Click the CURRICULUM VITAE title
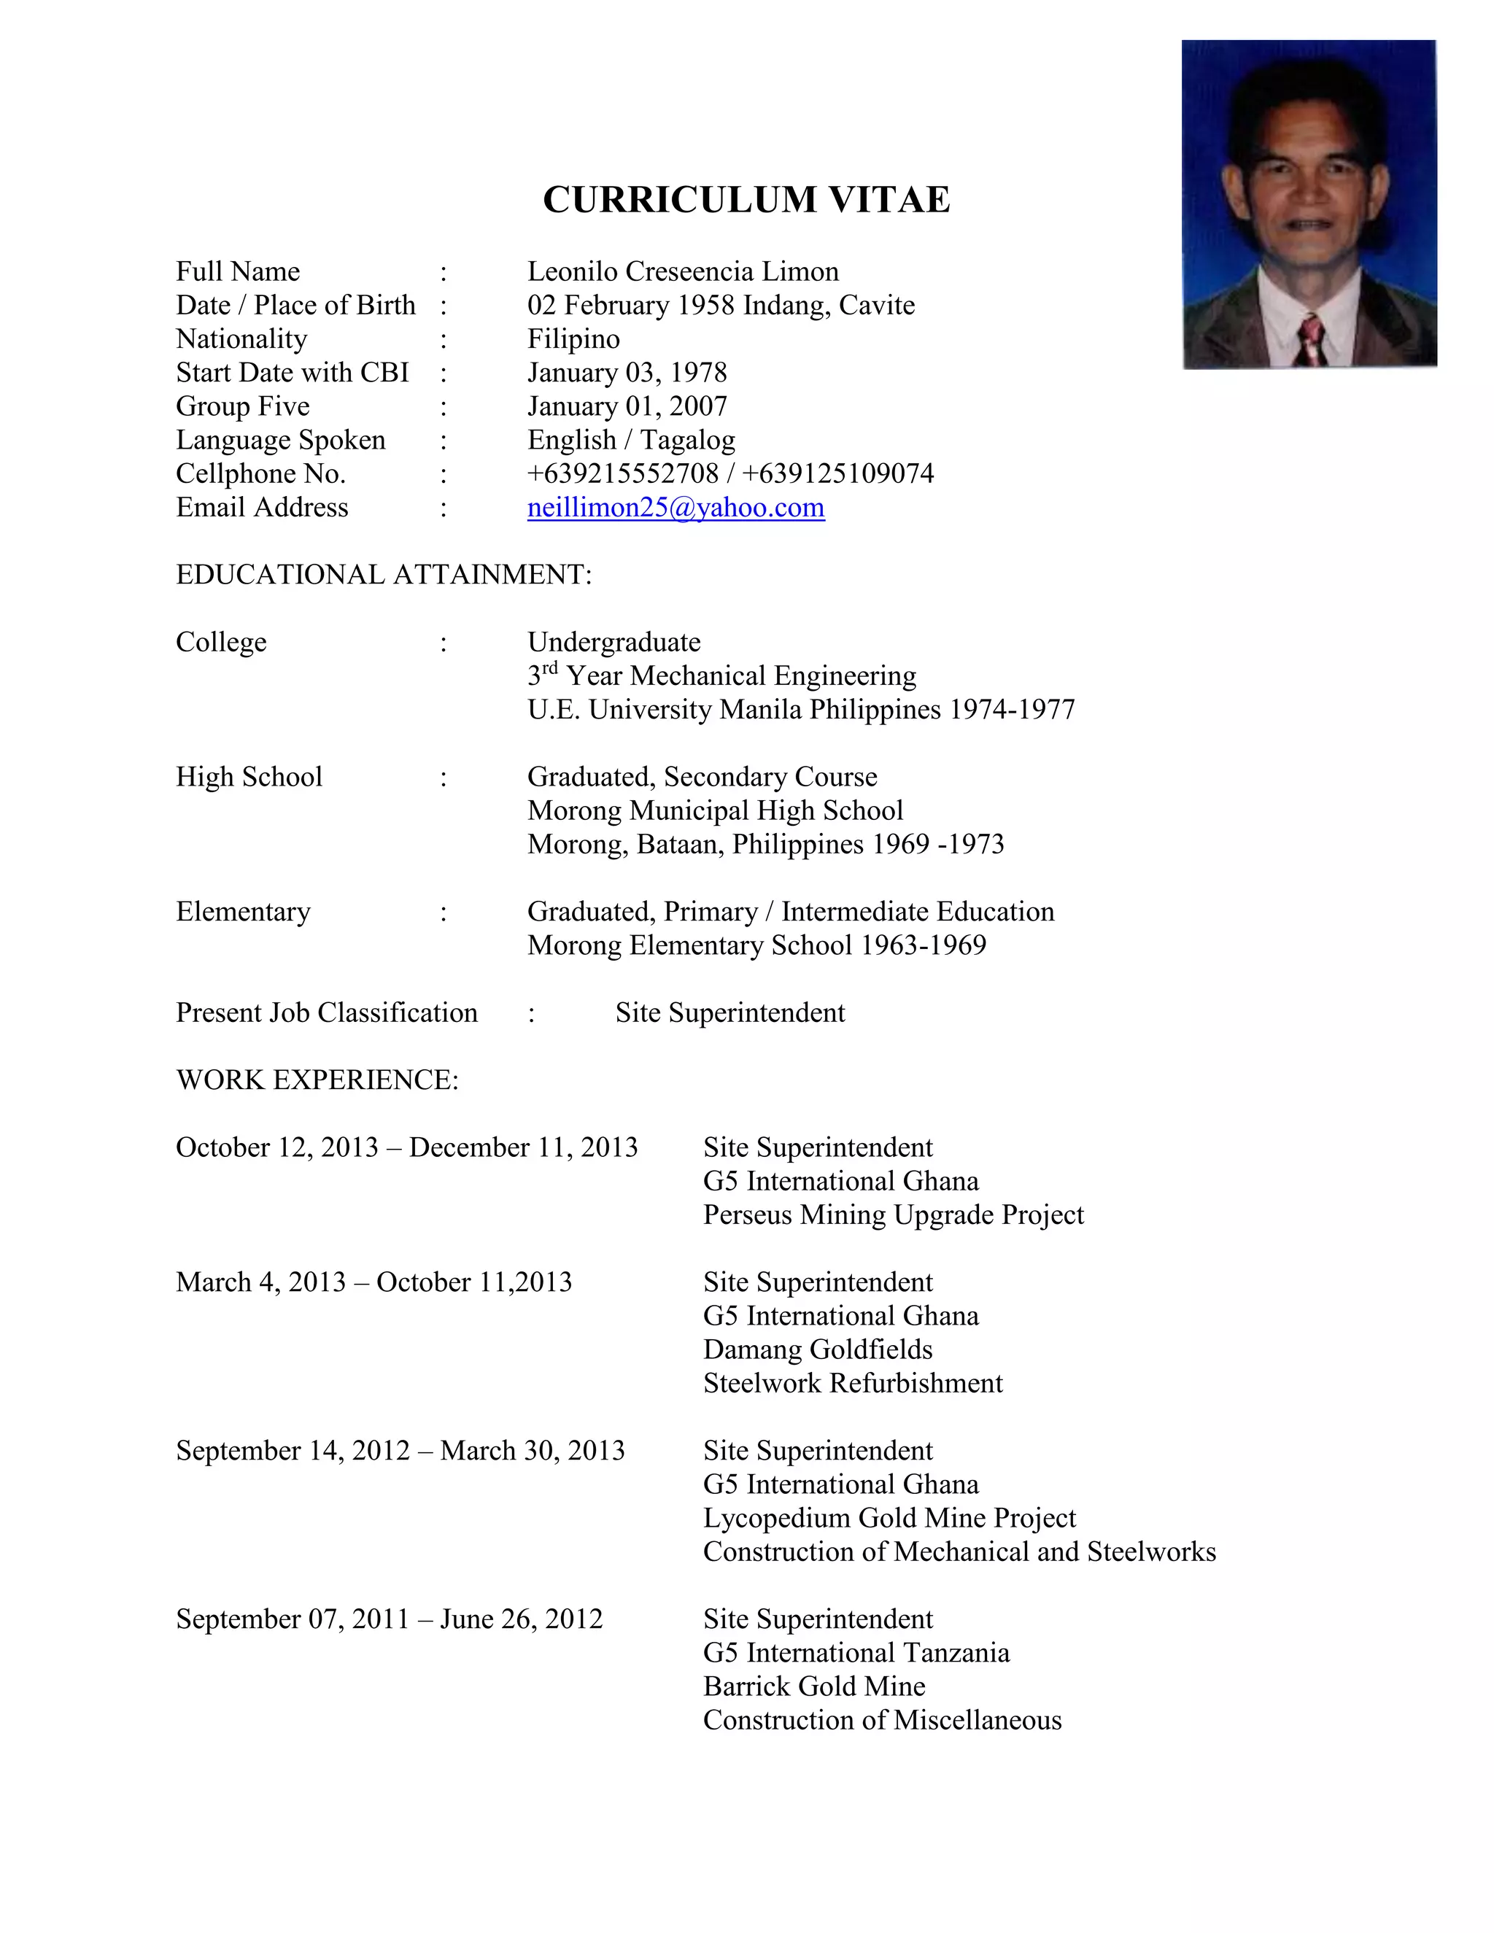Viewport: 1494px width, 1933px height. (x=746, y=199)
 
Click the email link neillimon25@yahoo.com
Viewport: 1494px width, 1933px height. (x=676, y=507)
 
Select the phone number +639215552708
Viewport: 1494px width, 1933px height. (x=623, y=473)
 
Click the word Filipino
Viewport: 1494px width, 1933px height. (x=573, y=339)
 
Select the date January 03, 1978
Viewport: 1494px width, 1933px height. (x=627, y=373)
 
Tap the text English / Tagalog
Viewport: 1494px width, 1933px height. (x=631, y=440)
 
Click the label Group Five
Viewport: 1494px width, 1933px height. (x=242, y=406)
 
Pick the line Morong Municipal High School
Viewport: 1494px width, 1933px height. (x=715, y=810)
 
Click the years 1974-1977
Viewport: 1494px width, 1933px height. (x=1012, y=710)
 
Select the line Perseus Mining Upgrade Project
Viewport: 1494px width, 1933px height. (x=893, y=1215)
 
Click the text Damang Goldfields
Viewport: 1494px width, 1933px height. (x=818, y=1349)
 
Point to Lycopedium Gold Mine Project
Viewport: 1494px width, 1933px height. (x=889, y=1518)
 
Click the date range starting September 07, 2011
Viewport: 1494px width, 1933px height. (x=389, y=1619)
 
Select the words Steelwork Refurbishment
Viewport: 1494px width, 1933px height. (x=852, y=1383)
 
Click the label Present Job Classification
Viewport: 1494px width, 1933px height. (x=327, y=1012)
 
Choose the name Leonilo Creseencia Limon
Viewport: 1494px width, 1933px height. (x=682, y=272)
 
